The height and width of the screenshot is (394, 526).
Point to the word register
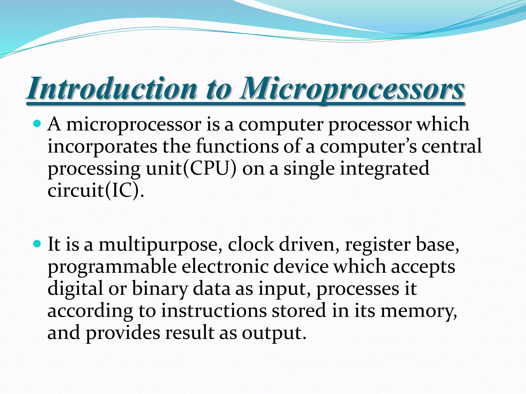pyautogui.click(x=378, y=245)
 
